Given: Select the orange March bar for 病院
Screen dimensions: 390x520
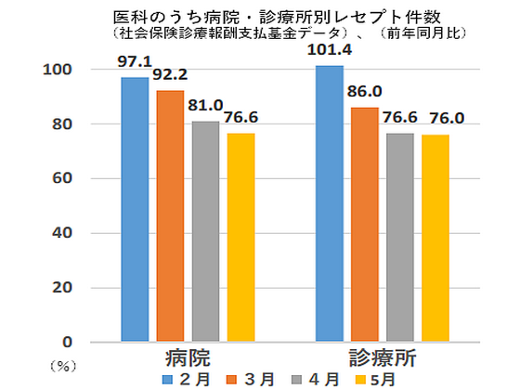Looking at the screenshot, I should pos(170,215).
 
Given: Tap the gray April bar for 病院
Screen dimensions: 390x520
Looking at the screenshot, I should pos(205,231).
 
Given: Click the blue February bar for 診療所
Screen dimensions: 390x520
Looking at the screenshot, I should pos(329,203).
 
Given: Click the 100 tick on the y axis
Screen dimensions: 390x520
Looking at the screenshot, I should pos(58,70).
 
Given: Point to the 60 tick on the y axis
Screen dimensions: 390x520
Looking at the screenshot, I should pos(62,178).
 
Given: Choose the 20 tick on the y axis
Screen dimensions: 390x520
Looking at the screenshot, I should pos(62,287).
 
